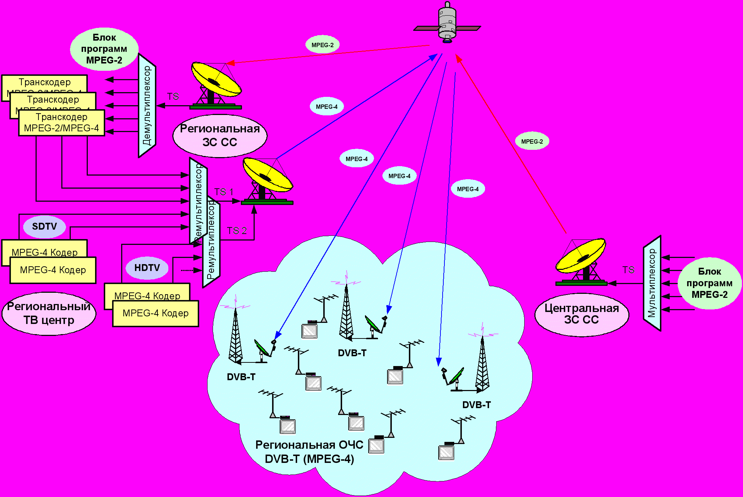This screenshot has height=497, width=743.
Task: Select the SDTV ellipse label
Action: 45,227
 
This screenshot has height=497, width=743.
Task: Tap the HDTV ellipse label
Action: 147,268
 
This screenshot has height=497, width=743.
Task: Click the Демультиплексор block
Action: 147,106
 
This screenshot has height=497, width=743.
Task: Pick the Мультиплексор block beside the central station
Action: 652,283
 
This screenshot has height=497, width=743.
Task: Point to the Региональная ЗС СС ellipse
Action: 220,136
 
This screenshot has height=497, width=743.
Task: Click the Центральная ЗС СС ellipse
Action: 582,314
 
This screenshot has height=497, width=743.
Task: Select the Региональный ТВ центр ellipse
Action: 49,313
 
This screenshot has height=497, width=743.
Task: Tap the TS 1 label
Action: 223,192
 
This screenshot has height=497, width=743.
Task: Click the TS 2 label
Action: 237,231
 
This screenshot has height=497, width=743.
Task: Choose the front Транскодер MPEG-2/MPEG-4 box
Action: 61,123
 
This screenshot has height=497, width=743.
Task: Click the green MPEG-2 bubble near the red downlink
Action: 323,45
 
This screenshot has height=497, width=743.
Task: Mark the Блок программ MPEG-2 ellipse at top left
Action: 104,49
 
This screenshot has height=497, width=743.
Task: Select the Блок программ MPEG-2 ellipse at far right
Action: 709,283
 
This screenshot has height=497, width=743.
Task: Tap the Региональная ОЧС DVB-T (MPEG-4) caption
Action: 309,452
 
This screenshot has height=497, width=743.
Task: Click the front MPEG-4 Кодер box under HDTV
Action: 156,313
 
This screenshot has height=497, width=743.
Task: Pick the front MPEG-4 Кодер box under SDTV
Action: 53,270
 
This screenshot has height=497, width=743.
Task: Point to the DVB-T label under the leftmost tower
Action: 241,377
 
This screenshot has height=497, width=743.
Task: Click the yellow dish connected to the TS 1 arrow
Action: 267,174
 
